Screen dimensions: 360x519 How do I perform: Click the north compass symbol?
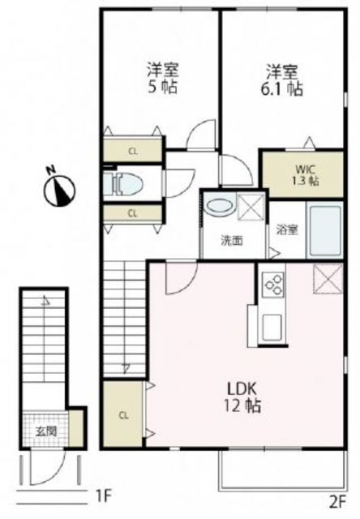pyautogui.click(x=59, y=188)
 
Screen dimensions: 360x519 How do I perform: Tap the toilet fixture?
pyautogui.click(x=123, y=184)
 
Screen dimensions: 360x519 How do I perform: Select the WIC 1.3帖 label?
pyautogui.click(x=307, y=175)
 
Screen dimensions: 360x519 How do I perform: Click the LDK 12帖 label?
pyautogui.click(x=242, y=397)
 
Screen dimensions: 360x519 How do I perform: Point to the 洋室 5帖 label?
pyautogui.click(x=162, y=79)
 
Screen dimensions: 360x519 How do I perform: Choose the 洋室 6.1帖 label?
pyautogui.click(x=282, y=79)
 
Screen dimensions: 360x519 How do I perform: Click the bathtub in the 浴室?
pyautogui.click(x=325, y=229)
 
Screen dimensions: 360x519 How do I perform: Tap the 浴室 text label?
pyautogui.click(x=288, y=229)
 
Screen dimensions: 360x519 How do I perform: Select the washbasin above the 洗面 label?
pyautogui.click(x=221, y=204)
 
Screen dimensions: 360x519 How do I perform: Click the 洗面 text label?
pyautogui.click(x=232, y=241)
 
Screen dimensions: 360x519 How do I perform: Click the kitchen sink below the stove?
pyautogui.click(x=272, y=328)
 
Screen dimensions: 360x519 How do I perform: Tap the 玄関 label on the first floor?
pyautogui.click(x=46, y=431)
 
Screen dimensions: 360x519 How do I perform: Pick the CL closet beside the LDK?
pyautogui.click(x=123, y=415)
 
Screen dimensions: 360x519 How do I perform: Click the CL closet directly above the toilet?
pyautogui.click(x=133, y=152)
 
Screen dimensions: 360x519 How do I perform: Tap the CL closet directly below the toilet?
pyautogui.click(x=133, y=213)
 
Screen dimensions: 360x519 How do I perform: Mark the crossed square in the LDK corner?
pyautogui.click(x=328, y=279)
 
